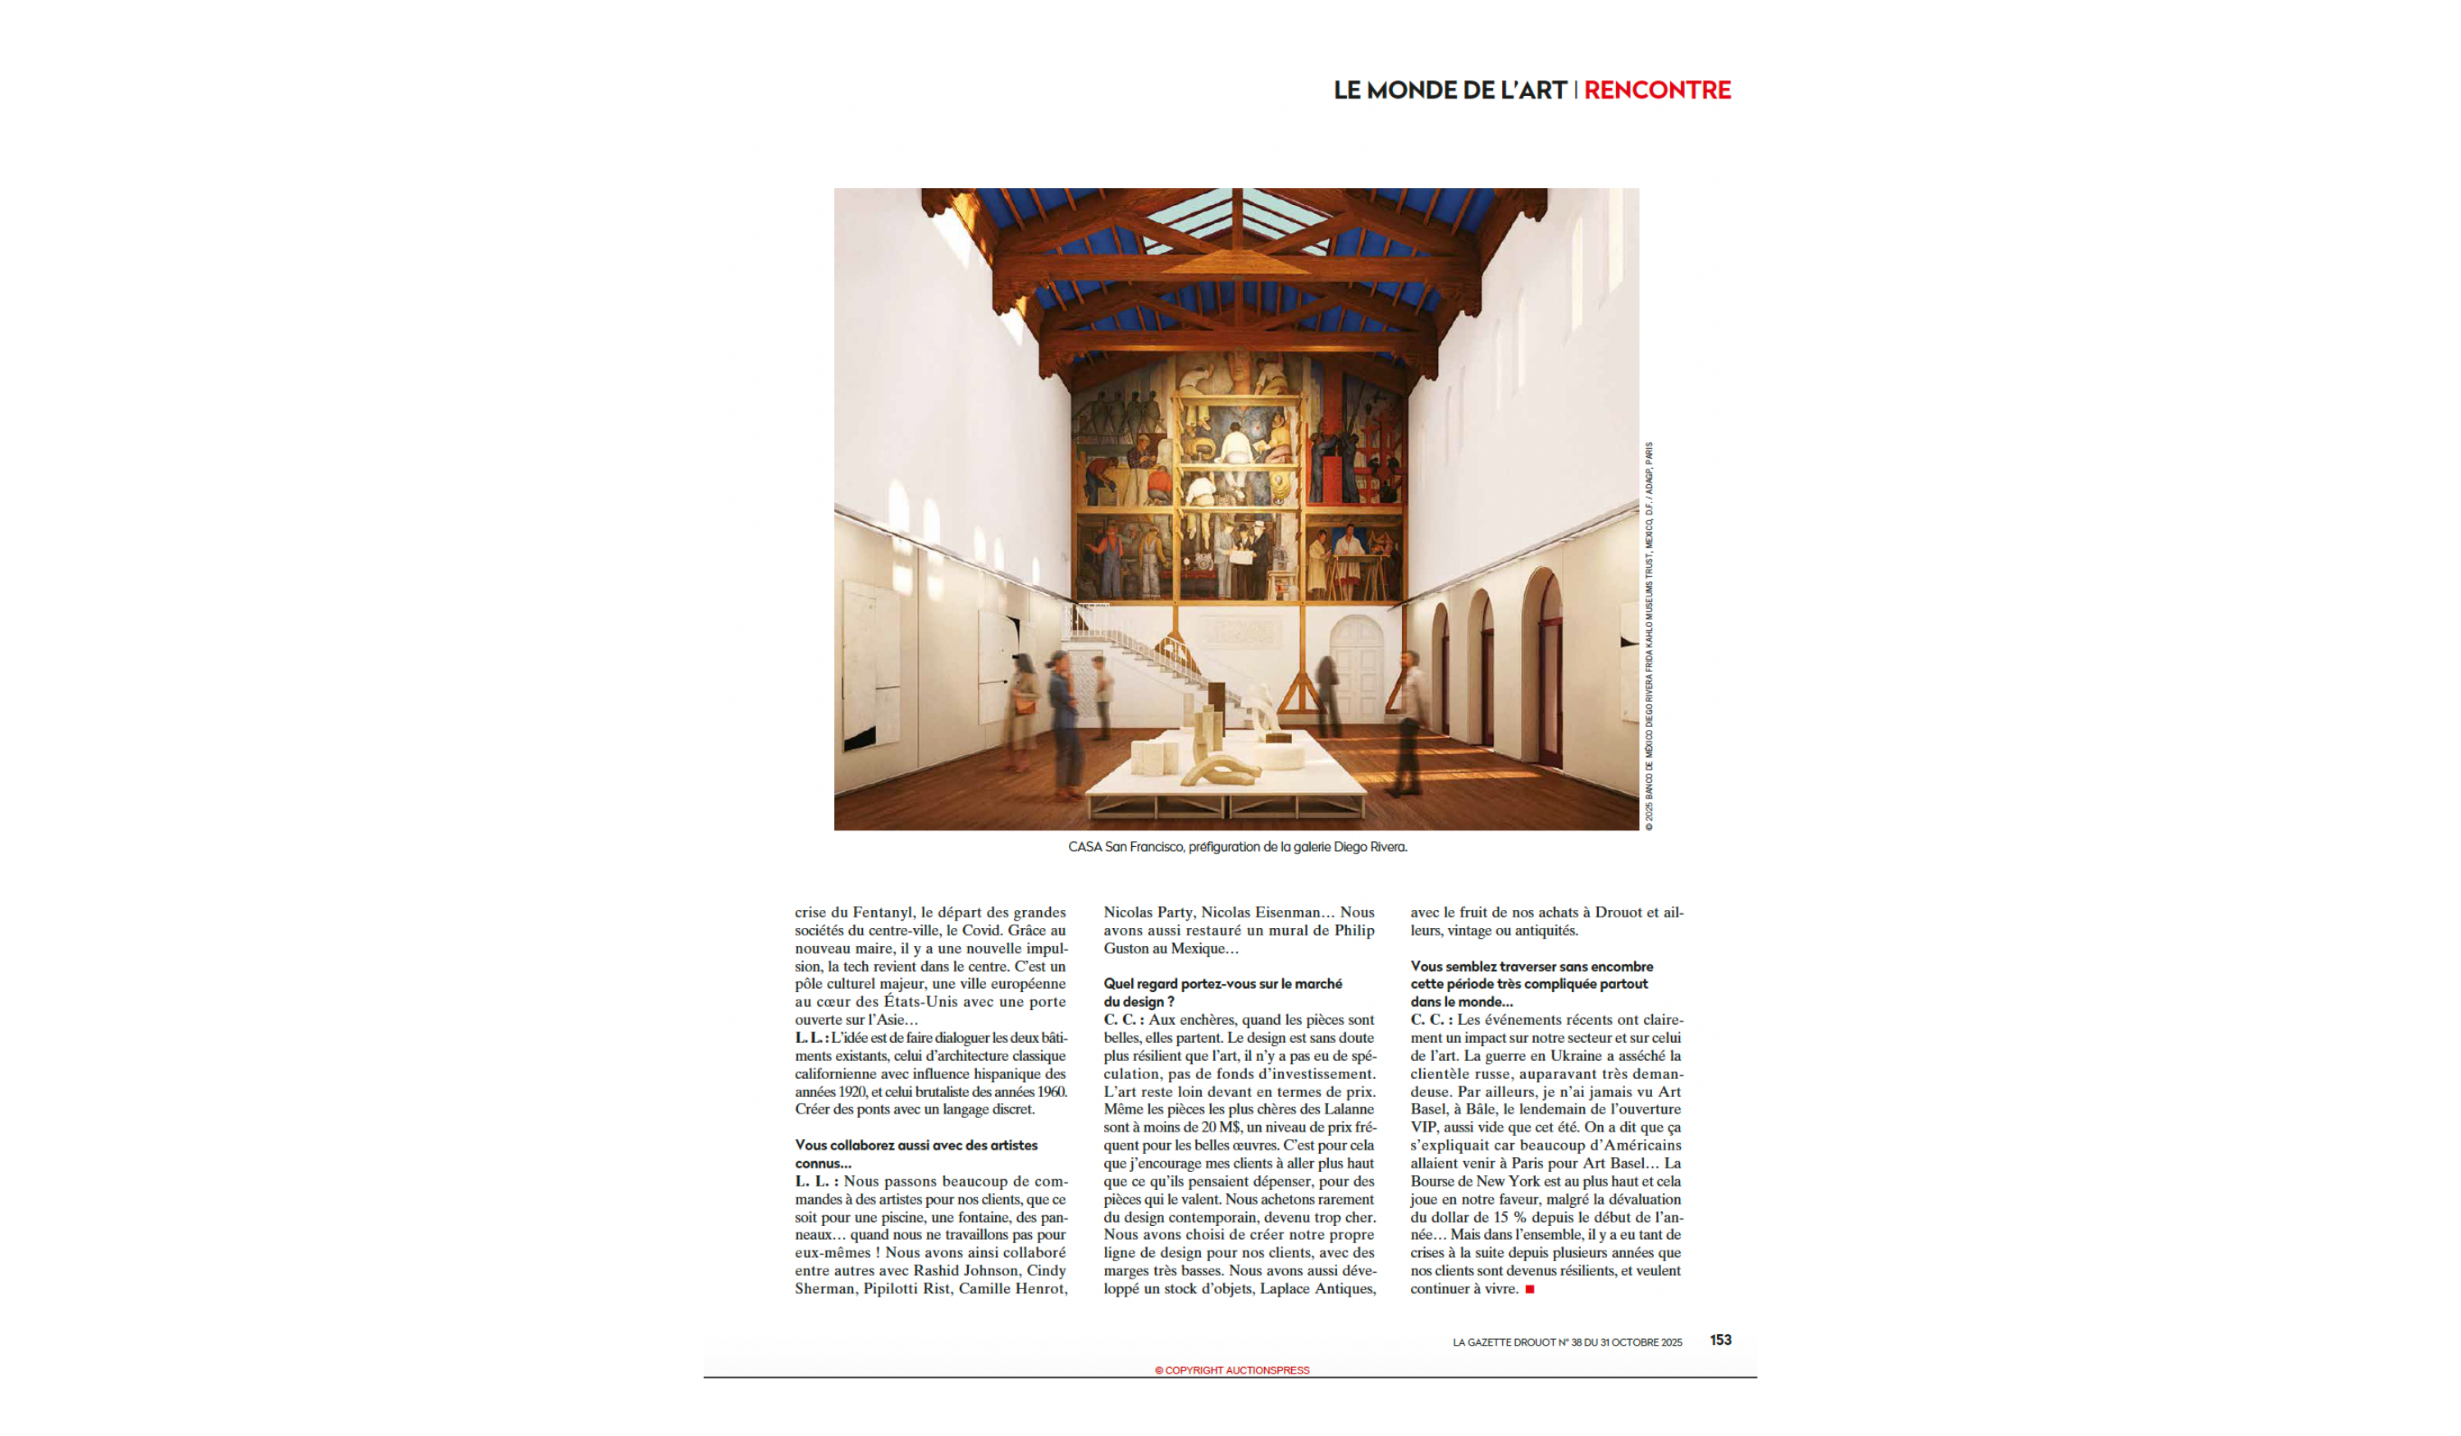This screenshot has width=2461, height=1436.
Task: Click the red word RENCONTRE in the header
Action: point(1656,90)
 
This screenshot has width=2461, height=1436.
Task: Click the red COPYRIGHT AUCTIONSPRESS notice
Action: point(1231,1370)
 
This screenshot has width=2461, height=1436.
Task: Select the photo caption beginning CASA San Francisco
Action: point(1236,847)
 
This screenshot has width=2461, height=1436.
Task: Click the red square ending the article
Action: point(1529,1289)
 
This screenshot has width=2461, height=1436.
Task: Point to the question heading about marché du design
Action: point(1222,993)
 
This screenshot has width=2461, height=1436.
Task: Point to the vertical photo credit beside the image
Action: point(1650,635)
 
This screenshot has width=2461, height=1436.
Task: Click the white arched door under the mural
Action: point(1357,665)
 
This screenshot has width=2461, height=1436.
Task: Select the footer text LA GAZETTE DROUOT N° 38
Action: point(1567,1342)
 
